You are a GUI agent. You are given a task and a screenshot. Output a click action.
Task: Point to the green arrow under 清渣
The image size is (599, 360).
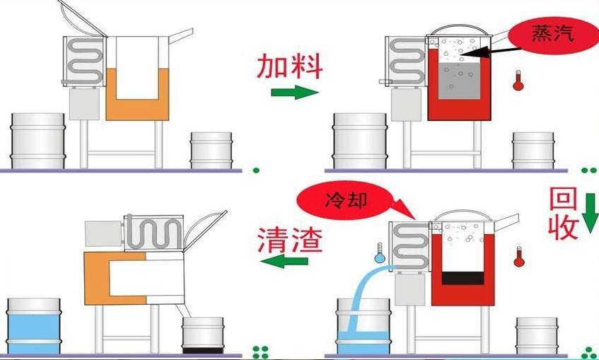tap(286, 262)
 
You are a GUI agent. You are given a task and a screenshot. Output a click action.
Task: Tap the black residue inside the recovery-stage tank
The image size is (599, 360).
tap(463, 277)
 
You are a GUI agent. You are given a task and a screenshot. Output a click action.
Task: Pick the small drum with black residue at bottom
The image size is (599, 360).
tap(203, 335)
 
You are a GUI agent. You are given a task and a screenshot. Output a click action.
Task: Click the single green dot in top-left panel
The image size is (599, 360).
tap(256, 170)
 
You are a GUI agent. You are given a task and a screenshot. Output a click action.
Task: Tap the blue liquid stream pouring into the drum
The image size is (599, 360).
tap(358, 297)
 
